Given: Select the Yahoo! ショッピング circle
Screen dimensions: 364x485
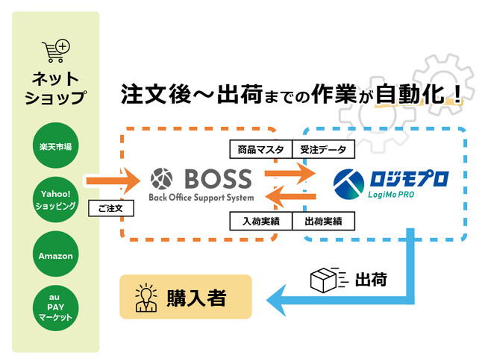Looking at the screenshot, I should coord(56,201).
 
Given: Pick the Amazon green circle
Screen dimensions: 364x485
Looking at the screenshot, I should coord(56,256).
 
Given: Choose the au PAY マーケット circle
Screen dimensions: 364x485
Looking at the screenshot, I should coord(56,307).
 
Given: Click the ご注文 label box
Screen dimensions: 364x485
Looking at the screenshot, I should coord(110,209).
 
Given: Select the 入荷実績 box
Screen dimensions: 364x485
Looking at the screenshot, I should coord(258,221).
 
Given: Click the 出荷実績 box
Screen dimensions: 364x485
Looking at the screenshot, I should coord(323,221).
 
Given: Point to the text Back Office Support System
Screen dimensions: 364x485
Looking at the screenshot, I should coord(202,198).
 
